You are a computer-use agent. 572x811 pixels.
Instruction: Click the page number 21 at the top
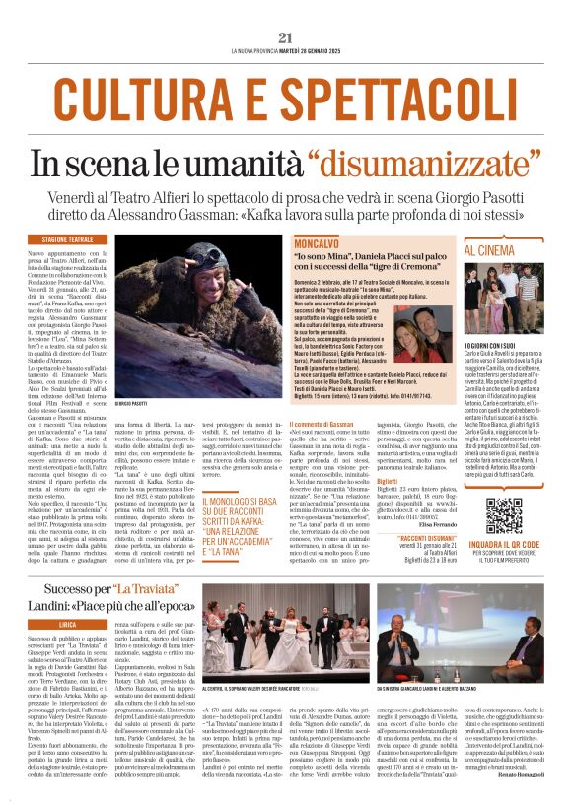tap(286, 37)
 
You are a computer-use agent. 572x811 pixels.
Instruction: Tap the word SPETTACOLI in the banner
tap(390, 96)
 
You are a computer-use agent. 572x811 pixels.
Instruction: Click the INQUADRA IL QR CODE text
tap(503, 543)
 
